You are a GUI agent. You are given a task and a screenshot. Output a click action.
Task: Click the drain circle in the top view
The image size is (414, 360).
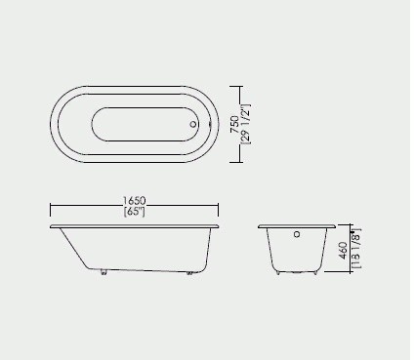[x=193, y=124]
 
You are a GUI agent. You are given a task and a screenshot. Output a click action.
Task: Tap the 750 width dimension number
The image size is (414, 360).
[x=234, y=125]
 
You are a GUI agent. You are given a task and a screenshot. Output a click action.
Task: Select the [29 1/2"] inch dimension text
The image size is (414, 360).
[x=245, y=124]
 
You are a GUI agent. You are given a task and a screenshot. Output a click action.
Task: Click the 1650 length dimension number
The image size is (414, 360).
[x=134, y=200]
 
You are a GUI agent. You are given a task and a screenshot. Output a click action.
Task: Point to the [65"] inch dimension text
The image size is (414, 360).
[x=134, y=212]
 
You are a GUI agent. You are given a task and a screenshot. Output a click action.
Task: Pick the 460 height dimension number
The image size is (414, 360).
[x=343, y=251]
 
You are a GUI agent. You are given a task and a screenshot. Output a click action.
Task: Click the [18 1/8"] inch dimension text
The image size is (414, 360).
[x=356, y=249]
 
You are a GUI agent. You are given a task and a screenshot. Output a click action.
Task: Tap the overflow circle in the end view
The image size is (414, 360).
[x=297, y=234]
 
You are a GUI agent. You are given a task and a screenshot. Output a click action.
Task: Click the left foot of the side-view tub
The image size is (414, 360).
[x=103, y=272]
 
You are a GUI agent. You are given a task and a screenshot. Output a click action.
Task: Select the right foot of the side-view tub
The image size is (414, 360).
[x=189, y=273]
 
